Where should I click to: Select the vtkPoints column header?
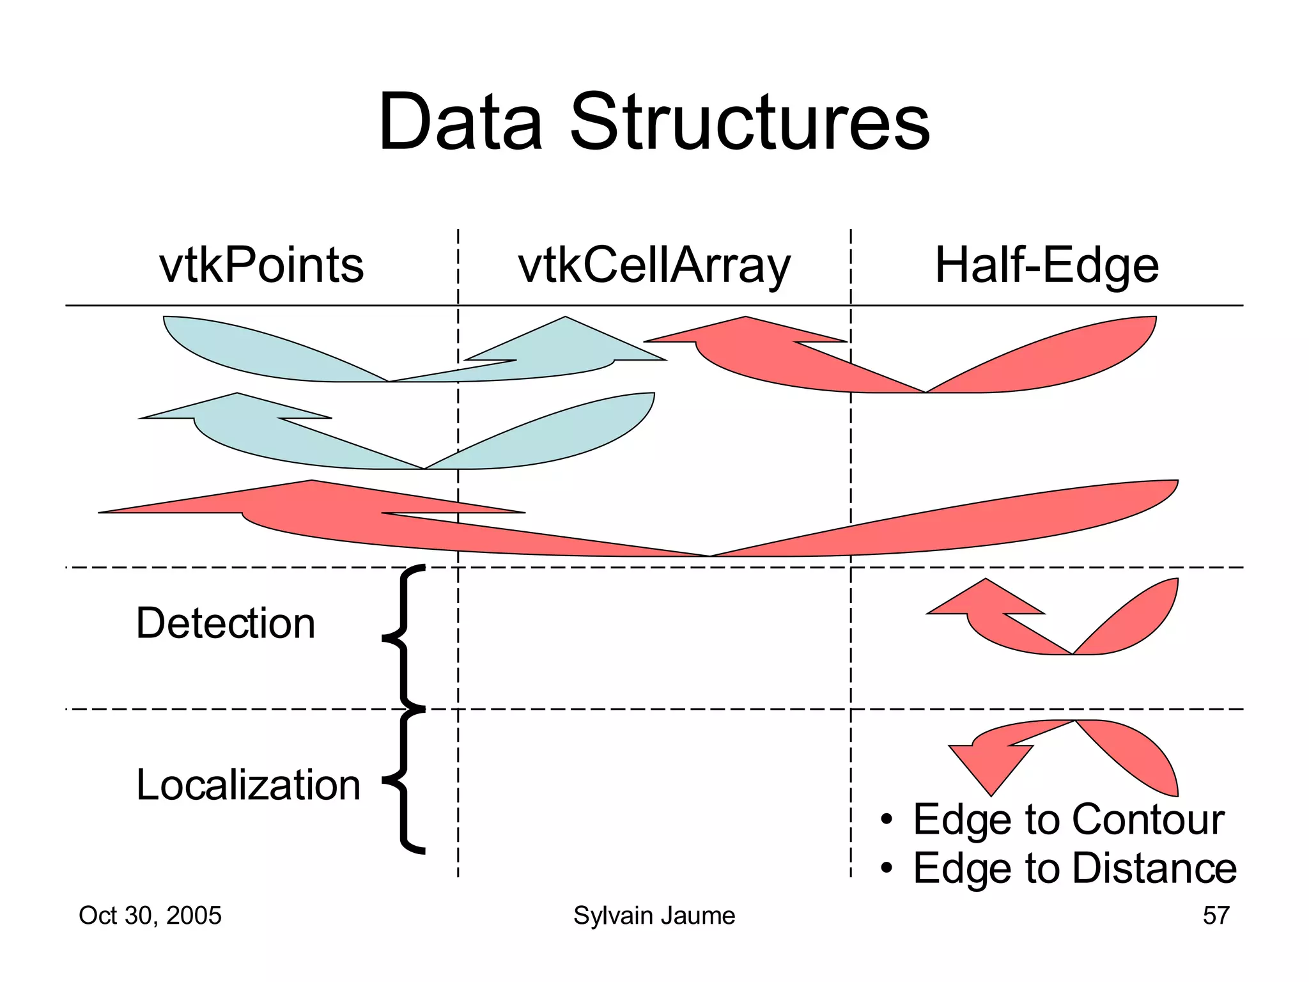[261, 265]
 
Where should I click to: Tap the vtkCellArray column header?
[654, 267]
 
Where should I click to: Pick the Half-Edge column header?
[1046, 265]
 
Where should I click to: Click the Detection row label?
[226, 623]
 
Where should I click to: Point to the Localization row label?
[248, 784]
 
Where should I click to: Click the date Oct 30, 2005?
[150, 916]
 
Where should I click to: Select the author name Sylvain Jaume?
[654, 916]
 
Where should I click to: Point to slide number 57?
[1216, 916]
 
